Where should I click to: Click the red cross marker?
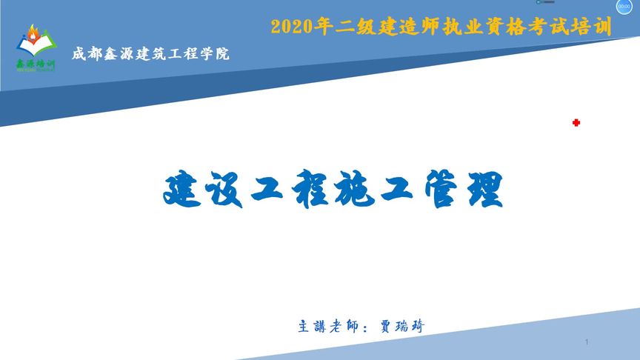576,123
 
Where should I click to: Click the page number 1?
586,342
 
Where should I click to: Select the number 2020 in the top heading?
289,27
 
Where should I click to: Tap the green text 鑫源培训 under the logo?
35,64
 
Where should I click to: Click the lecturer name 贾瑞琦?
401,326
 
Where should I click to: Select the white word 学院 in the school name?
214,54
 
